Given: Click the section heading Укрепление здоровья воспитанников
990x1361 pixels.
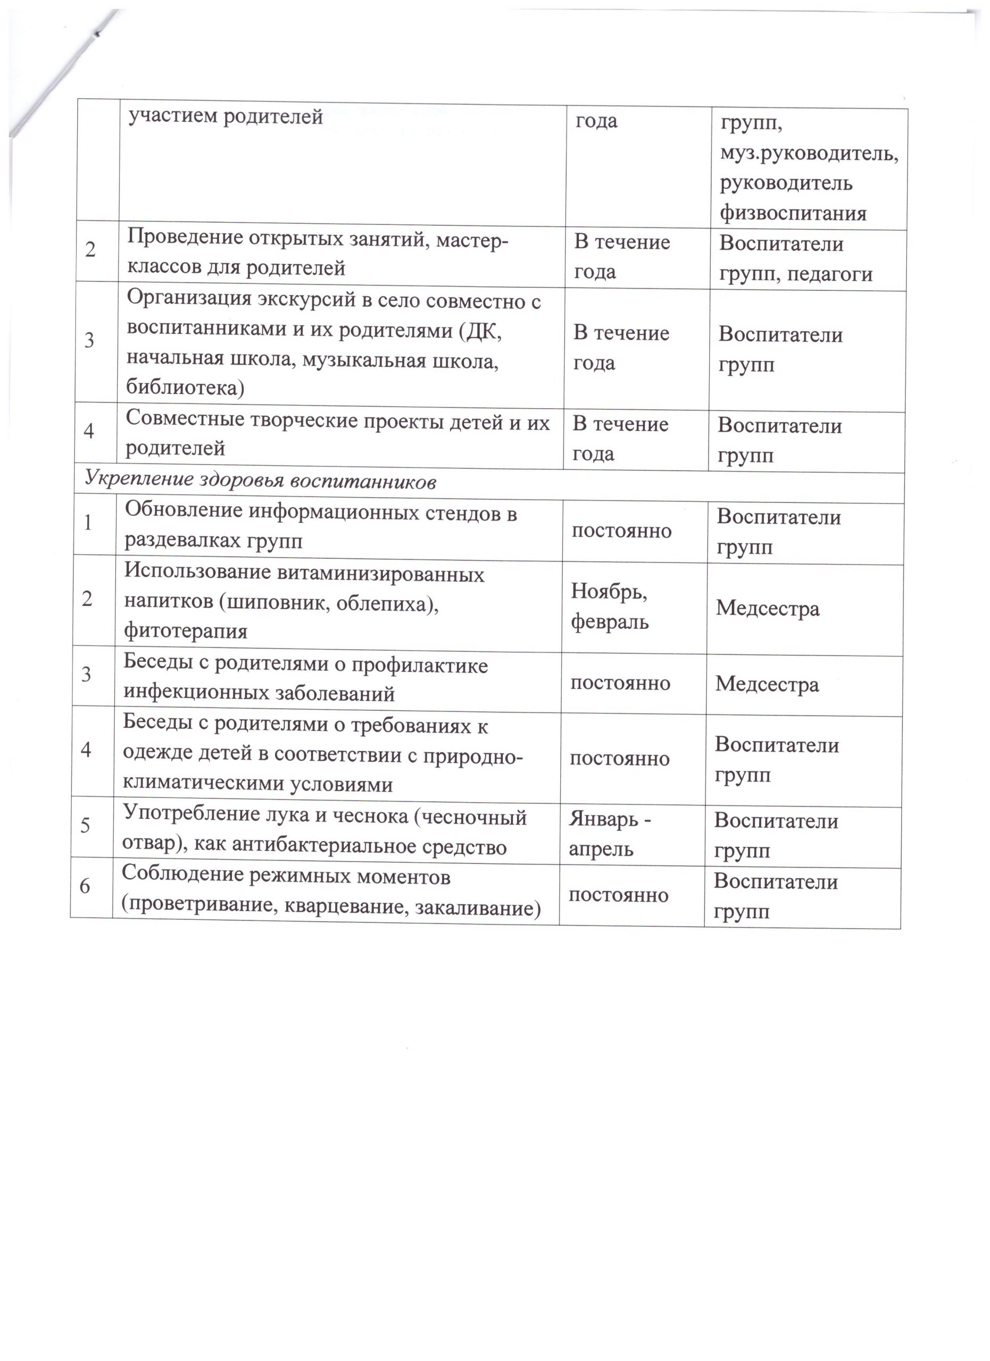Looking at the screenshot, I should (x=260, y=480).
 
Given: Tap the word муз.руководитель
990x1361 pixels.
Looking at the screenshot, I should (x=809, y=155).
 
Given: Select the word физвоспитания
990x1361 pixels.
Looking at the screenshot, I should (x=793, y=213).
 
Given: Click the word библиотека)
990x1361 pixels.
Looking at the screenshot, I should (x=185, y=388).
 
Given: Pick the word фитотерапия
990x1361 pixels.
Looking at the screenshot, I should (x=186, y=631).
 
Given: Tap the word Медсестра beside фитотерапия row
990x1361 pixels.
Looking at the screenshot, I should (x=767, y=609).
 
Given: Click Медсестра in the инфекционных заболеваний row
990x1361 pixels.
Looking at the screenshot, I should (x=767, y=684).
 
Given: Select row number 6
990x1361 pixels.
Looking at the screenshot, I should (x=85, y=885).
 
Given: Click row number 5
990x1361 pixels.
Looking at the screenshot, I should (x=85, y=825).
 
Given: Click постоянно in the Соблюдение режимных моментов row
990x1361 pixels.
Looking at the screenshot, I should (x=618, y=895).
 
